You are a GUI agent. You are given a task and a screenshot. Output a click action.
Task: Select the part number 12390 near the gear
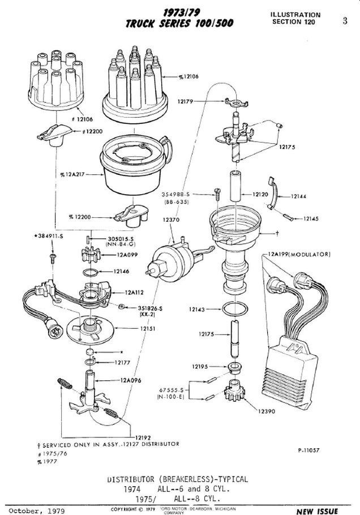coord(265,411)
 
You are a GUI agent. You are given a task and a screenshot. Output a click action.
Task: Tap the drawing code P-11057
coord(310,450)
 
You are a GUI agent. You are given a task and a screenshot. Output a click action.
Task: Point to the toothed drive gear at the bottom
coord(233,391)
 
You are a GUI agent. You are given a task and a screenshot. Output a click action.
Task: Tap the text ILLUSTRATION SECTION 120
coord(295,18)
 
